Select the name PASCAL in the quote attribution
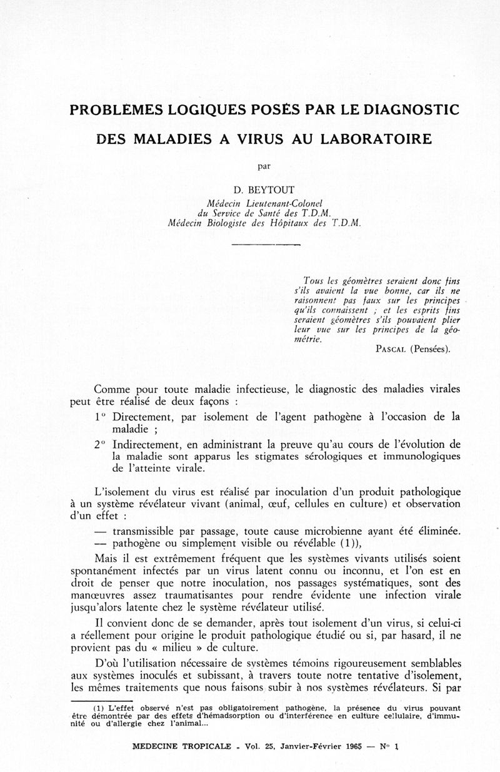click(387, 350)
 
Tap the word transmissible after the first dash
click(151, 531)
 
